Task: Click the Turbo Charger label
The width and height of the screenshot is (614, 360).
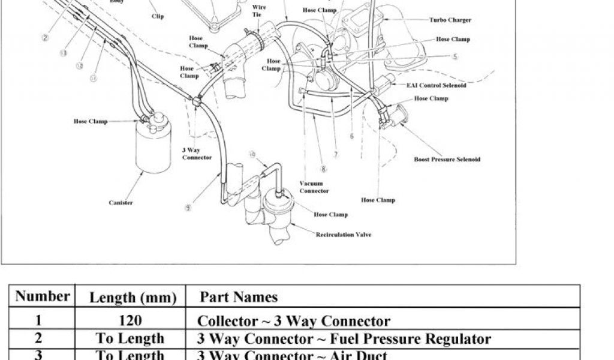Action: click(450, 20)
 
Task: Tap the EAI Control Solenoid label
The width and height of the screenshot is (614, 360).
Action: click(436, 85)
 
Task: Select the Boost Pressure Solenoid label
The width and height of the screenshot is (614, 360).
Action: click(447, 160)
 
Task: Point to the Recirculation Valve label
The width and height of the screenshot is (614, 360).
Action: click(343, 235)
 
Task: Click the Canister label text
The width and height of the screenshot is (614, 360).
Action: click(121, 203)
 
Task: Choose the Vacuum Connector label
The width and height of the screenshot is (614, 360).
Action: click(314, 187)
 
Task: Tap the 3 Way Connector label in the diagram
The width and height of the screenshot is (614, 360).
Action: click(197, 154)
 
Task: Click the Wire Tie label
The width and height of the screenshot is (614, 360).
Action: click(260, 11)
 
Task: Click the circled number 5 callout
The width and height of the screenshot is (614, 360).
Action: click(455, 57)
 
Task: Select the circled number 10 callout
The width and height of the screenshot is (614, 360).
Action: click(252, 155)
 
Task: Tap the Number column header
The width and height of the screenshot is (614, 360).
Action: click(42, 296)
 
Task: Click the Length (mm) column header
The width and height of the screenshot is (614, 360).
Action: click(133, 298)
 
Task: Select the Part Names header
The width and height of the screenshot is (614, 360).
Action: click(238, 297)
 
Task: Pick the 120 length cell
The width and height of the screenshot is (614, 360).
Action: click(132, 321)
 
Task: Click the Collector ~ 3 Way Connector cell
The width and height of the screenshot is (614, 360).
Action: click(294, 321)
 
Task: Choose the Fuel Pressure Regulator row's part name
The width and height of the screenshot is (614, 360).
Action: click(344, 339)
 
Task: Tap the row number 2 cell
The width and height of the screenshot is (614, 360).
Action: click(38, 338)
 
